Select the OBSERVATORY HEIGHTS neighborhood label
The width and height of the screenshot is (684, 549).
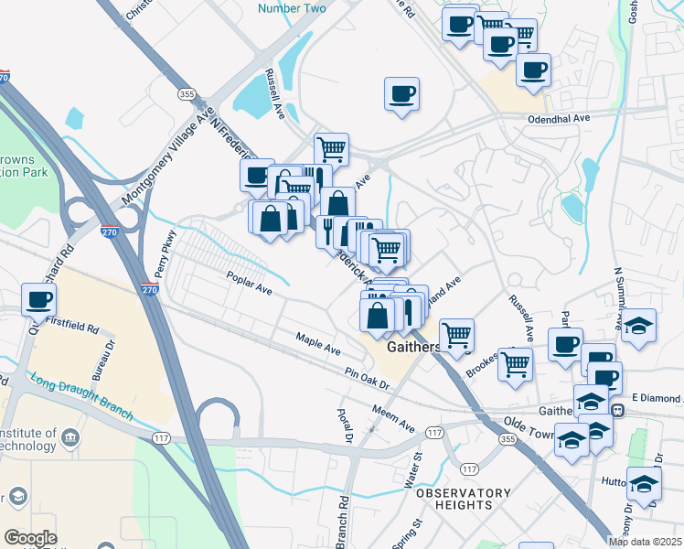click(464, 499)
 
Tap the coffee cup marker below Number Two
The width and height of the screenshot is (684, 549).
click(402, 93)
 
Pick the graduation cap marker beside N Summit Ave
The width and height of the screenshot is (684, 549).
click(638, 325)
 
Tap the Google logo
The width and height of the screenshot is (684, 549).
click(30, 538)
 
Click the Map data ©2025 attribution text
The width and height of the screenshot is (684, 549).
click(646, 542)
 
